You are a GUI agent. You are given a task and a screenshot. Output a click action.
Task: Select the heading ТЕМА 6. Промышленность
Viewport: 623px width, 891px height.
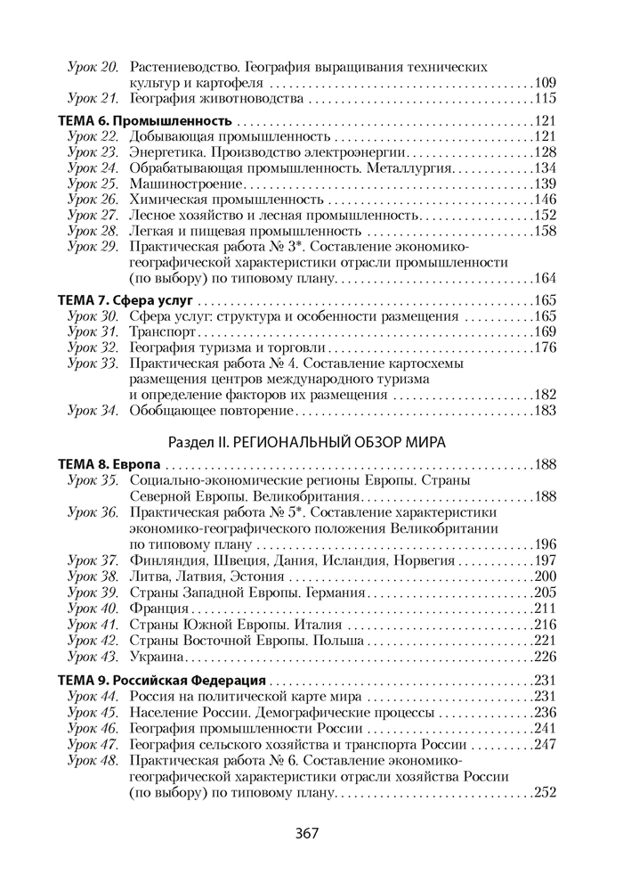point(145,120)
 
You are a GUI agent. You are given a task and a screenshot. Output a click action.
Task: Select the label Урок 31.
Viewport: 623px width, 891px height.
point(93,331)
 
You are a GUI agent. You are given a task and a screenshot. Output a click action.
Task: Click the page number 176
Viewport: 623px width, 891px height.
point(545,347)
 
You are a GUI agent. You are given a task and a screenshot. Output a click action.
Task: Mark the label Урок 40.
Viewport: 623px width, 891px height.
point(93,609)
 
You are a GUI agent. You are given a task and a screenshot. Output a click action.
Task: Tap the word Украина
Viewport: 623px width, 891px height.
point(157,658)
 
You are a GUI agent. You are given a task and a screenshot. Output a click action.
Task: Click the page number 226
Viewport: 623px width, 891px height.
point(545,658)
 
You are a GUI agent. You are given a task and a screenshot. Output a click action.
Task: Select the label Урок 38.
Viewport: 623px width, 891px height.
point(93,576)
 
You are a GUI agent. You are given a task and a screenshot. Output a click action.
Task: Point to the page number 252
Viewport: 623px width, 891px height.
point(545,794)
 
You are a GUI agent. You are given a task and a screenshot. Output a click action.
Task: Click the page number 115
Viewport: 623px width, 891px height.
point(545,99)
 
